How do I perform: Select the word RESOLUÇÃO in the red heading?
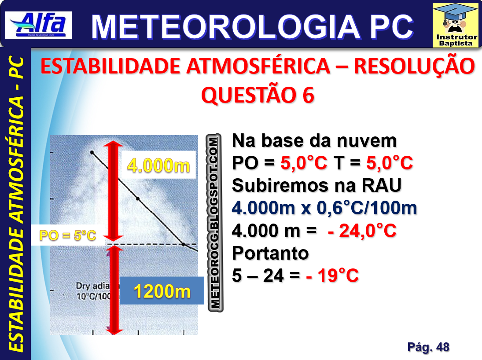point(414,66)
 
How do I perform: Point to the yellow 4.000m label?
point(158,165)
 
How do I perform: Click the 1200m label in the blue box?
point(162,290)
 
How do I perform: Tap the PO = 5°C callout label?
point(68,235)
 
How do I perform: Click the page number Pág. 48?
point(428,347)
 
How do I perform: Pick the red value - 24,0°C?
point(362,231)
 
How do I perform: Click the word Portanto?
point(270,253)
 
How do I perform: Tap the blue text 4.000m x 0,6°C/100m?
point(324,208)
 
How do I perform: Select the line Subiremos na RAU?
point(316,186)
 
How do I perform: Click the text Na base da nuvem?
point(314,141)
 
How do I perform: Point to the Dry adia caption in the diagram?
point(92,286)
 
